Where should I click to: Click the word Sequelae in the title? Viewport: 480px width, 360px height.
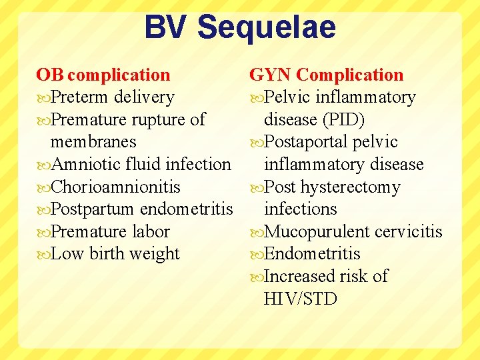pos(267,28)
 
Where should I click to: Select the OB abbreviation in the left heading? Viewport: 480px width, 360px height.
pos(50,75)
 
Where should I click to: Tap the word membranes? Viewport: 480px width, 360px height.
pos(93,142)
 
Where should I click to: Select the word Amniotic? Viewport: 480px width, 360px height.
pos(85,164)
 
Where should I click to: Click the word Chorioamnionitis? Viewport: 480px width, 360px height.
pos(115,187)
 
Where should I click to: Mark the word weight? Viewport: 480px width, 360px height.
pos(155,254)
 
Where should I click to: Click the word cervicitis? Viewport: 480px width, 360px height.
pos(408,231)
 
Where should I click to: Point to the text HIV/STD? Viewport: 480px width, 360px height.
pos(301,299)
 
